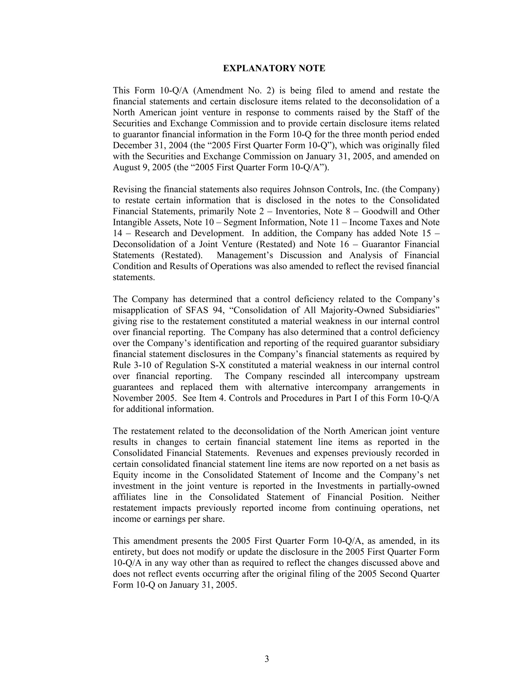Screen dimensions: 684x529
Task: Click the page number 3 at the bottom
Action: [x=267, y=659]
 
